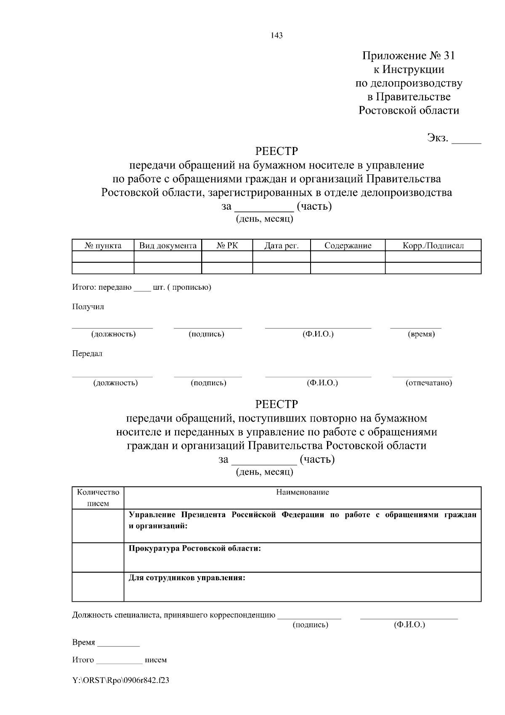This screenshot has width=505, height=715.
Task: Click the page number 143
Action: click(x=277, y=35)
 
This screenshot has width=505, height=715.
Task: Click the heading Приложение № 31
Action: click(x=409, y=56)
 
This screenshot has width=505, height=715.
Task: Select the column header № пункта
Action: click(x=103, y=245)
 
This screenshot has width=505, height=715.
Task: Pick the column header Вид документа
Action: click(x=168, y=245)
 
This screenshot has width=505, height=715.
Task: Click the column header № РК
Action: click(x=227, y=245)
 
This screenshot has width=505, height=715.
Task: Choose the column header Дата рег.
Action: click(x=281, y=245)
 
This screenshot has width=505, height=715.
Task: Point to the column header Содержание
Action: click(x=348, y=245)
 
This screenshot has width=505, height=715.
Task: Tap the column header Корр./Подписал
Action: click(x=433, y=245)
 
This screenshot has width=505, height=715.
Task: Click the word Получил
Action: click(x=88, y=307)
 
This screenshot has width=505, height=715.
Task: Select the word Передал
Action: click(x=87, y=353)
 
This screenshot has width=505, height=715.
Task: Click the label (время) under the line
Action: click(x=421, y=334)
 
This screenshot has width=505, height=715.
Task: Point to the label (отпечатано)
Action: click(x=428, y=383)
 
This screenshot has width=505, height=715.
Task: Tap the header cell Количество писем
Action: click(x=98, y=497)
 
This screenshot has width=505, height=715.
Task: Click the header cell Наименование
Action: click(x=302, y=492)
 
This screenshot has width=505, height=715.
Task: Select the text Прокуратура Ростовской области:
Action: click(x=194, y=548)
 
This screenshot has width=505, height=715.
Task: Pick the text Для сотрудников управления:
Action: click(x=187, y=578)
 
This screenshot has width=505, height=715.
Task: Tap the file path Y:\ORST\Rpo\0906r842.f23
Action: click(x=121, y=680)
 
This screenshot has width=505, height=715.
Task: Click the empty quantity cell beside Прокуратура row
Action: click(x=98, y=557)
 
